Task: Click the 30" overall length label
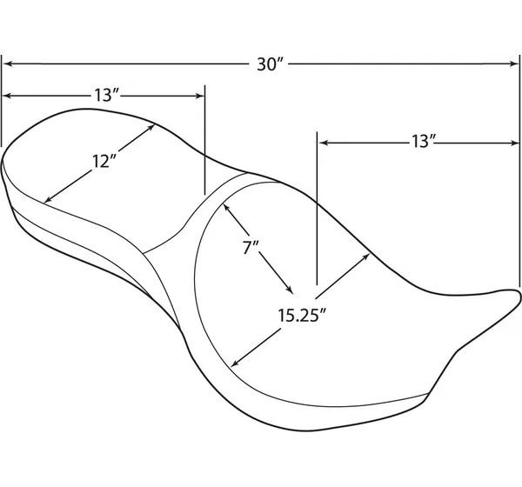point(270,64)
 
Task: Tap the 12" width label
point(104,162)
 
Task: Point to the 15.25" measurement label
point(301,315)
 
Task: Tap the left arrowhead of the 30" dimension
point(7,63)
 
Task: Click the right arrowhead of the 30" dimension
point(514,63)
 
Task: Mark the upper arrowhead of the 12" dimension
point(151,128)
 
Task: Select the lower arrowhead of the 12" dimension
point(48,199)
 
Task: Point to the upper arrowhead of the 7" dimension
point(226,207)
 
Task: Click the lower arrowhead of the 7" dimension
point(290,290)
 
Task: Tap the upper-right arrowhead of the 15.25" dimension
point(366,257)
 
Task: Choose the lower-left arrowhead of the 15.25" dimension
point(235,363)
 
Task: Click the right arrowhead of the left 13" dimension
point(199,96)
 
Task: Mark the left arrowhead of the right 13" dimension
point(324,143)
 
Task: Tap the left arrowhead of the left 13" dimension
point(7,96)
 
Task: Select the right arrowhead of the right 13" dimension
point(514,143)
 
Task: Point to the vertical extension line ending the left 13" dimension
point(204,140)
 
